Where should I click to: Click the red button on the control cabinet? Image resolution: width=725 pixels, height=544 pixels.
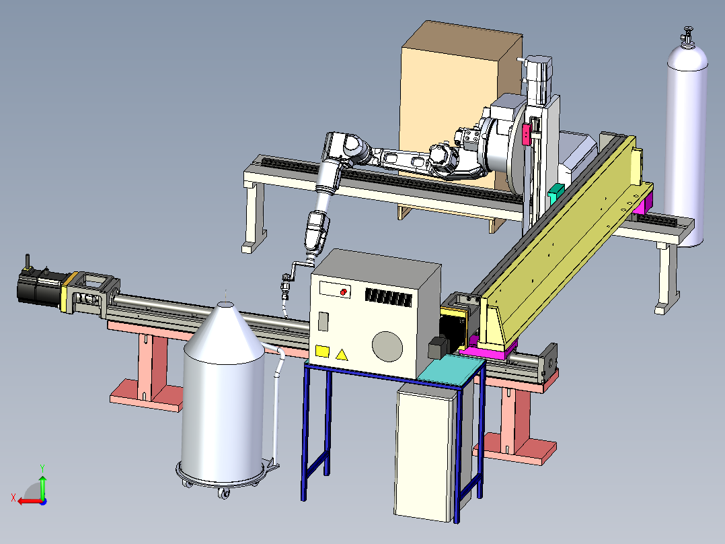[x=344, y=292]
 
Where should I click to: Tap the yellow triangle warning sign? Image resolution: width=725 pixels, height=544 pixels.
[x=341, y=355]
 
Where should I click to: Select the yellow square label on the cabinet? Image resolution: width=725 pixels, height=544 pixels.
[x=322, y=351]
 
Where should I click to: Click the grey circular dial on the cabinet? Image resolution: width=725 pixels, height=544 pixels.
[x=387, y=347]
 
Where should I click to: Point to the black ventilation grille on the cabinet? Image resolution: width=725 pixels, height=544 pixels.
[x=389, y=298]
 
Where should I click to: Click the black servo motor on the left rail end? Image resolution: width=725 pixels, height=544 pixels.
[x=40, y=285]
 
